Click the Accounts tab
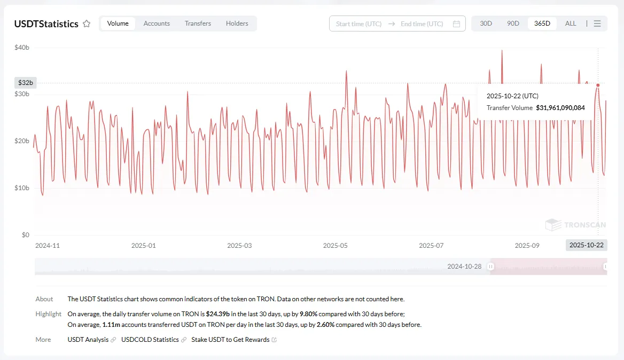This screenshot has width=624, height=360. [x=157, y=24]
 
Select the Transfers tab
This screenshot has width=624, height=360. [x=198, y=24]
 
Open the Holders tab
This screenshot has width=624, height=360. [x=237, y=24]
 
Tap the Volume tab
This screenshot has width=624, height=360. [x=118, y=24]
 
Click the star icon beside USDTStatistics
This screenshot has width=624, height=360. [x=87, y=24]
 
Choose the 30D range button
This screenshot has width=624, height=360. [x=486, y=24]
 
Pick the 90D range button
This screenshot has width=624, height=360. [x=513, y=24]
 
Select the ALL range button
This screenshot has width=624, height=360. [x=570, y=24]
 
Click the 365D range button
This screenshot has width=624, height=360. [x=542, y=24]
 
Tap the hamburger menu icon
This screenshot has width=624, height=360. [x=597, y=24]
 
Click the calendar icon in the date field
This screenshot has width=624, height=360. [x=456, y=24]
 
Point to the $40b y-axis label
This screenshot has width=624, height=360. [x=22, y=48]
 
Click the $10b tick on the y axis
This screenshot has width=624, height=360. [x=22, y=188]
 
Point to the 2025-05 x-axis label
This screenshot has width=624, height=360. [x=335, y=246]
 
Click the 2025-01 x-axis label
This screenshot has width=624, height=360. [x=143, y=246]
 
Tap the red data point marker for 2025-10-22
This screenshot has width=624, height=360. [x=598, y=85]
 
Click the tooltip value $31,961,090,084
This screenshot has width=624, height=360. [x=560, y=108]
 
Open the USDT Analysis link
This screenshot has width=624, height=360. [x=88, y=340]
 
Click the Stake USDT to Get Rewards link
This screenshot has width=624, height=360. [x=230, y=340]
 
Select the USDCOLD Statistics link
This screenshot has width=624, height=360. [x=150, y=340]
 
